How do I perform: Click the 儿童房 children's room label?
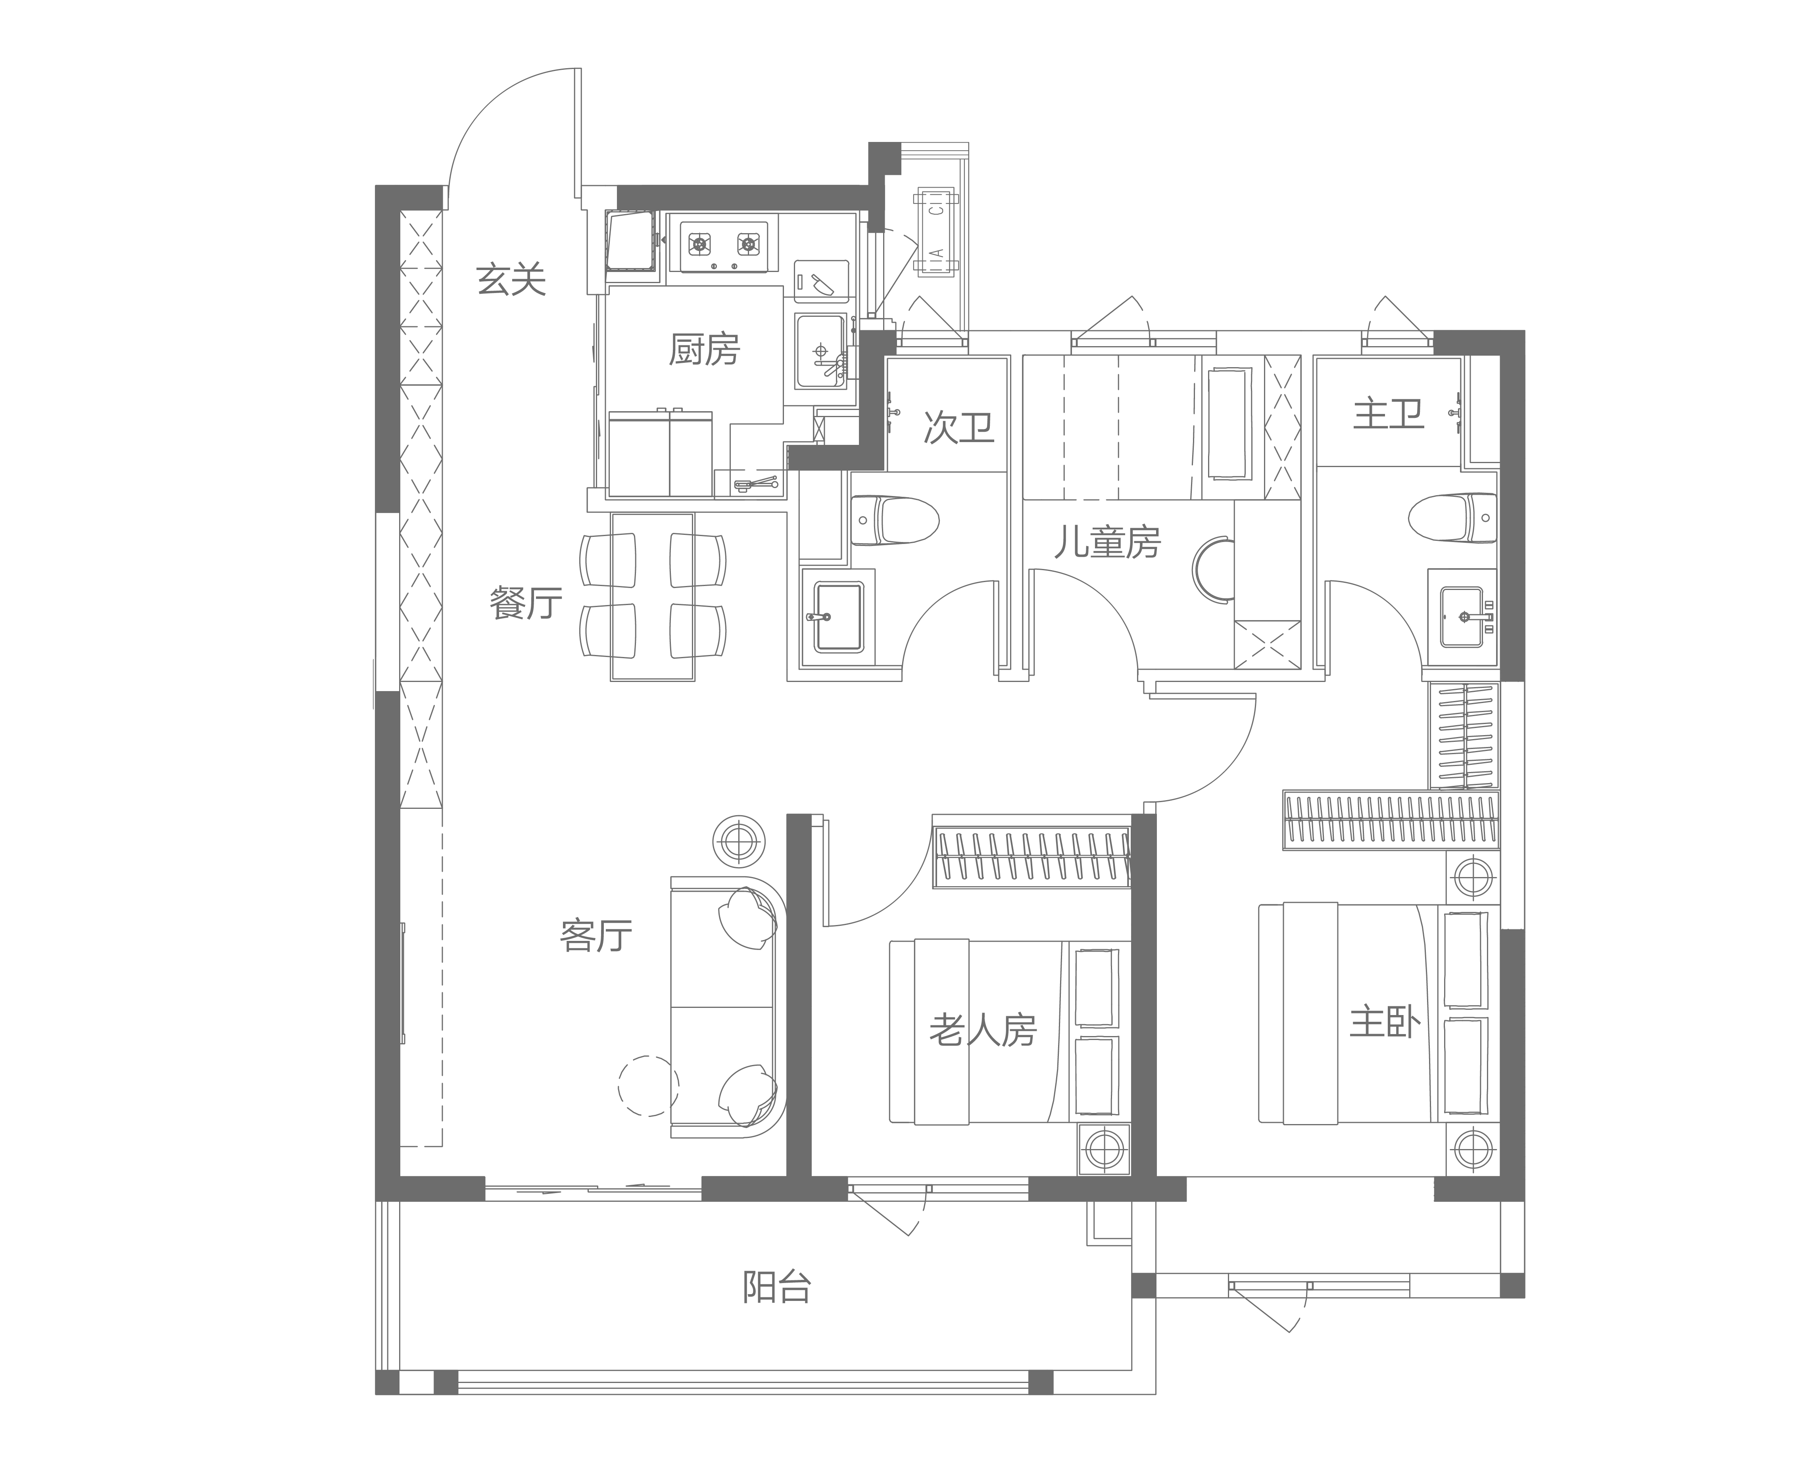[x=1107, y=542]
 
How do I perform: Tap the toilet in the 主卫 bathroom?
[x=1452, y=517]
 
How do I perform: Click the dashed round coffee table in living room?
[x=647, y=1086]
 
